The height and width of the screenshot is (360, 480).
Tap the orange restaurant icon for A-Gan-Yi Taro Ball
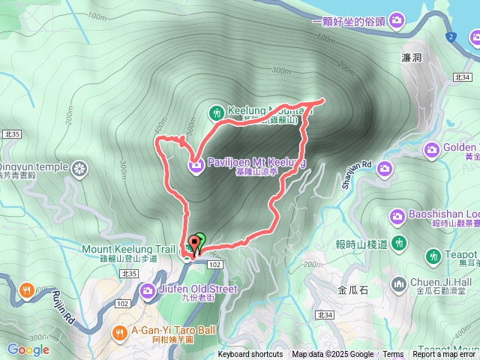point(119,332)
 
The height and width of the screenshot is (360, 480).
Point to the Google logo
point(28,349)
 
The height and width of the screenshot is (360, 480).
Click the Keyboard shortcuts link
point(250,355)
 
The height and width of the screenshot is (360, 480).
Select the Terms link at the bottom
point(393,355)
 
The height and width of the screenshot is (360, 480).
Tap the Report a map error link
point(445,355)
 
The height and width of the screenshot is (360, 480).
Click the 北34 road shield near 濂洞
point(462,77)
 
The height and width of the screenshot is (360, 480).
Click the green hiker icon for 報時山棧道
point(399,243)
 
